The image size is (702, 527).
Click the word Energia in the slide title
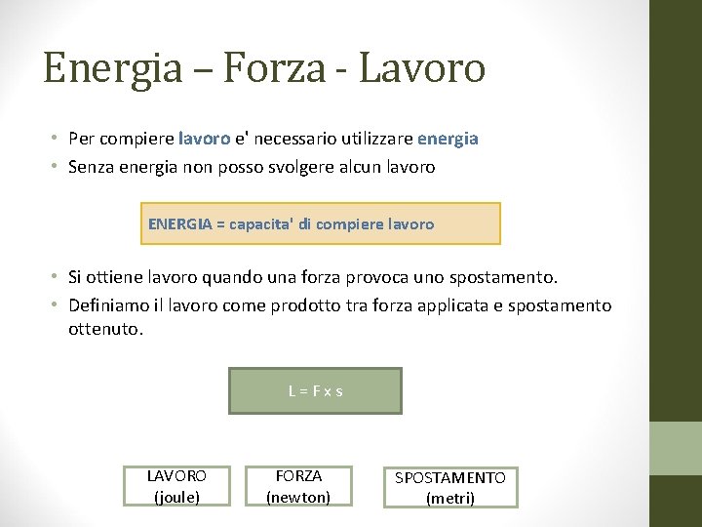[x=113, y=68]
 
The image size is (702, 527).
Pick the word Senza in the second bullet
[x=91, y=167]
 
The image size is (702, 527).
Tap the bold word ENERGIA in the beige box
[x=179, y=223]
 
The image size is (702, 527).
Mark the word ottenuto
[x=105, y=329]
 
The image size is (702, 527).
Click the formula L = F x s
[x=315, y=391]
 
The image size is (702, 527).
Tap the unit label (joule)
[x=176, y=497]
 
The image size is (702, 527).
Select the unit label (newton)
[x=298, y=497]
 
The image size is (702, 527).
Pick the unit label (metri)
[x=450, y=498]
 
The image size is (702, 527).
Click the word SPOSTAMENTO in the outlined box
[x=450, y=478]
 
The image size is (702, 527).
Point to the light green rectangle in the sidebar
[x=676, y=448]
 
